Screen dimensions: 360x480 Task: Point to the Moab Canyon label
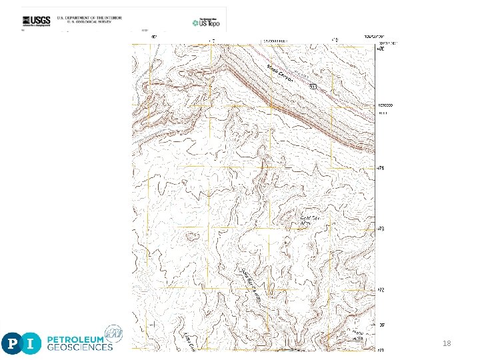(x=281, y=71)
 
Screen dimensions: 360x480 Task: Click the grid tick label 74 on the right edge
(x=381, y=167)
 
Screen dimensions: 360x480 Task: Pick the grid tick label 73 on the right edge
(x=381, y=229)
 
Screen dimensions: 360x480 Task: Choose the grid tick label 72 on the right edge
(x=381, y=290)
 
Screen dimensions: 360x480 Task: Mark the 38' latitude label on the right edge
(x=381, y=325)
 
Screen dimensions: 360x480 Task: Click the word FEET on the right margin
(x=383, y=113)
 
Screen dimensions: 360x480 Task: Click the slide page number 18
(x=447, y=343)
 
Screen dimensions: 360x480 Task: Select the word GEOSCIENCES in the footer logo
(x=79, y=347)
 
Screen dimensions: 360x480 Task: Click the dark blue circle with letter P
(x=13, y=343)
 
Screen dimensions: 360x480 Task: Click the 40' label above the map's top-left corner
(x=154, y=37)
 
